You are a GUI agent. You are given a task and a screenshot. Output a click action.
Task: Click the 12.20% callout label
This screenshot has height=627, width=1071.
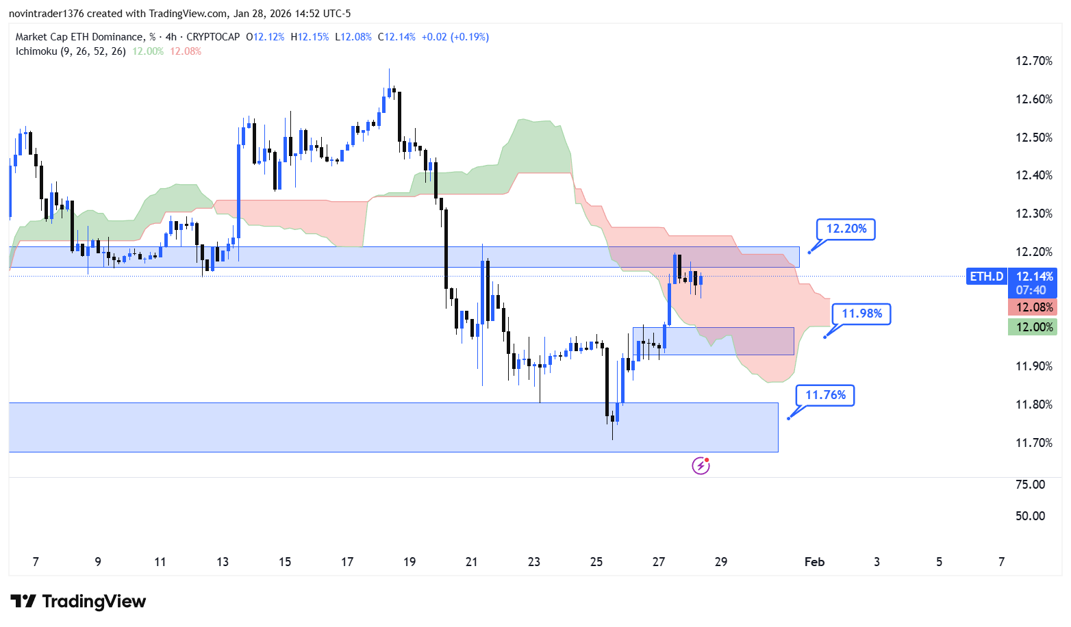(x=846, y=229)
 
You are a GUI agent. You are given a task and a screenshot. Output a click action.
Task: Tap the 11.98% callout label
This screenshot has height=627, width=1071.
(x=861, y=313)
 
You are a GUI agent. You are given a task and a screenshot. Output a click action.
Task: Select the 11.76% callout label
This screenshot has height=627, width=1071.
(x=825, y=395)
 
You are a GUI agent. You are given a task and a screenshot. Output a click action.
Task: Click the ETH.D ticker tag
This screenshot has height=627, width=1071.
(x=986, y=277)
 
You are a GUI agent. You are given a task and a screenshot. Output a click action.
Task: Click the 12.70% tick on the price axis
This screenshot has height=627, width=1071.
(x=1033, y=61)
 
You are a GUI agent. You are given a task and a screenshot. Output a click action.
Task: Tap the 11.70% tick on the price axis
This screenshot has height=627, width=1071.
(x=1033, y=443)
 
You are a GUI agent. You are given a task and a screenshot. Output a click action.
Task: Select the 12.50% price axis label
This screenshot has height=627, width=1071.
(x=1033, y=138)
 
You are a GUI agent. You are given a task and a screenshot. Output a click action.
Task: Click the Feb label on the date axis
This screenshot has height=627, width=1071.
(x=814, y=562)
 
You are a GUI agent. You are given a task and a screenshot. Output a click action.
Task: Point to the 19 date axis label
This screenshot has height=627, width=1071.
(x=409, y=562)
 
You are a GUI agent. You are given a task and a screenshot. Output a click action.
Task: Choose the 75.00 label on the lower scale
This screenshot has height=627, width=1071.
(x=1030, y=485)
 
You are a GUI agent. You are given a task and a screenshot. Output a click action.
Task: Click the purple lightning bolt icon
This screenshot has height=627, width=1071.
(x=701, y=466)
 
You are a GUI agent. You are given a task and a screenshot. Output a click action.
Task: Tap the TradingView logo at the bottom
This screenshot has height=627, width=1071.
(x=78, y=602)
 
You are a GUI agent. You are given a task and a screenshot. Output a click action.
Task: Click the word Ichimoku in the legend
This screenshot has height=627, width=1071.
(x=36, y=51)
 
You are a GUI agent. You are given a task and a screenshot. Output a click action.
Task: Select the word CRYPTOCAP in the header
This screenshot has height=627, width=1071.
(x=213, y=37)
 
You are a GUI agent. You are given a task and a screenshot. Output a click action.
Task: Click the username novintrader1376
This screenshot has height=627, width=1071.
(x=46, y=14)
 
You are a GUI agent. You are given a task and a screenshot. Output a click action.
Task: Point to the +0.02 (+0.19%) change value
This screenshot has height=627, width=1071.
(x=455, y=37)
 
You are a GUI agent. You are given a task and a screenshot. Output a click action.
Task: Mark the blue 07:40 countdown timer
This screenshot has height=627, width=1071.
(x=1031, y=290)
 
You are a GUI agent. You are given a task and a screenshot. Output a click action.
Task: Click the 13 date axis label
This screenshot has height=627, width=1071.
(x=223, y=562)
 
